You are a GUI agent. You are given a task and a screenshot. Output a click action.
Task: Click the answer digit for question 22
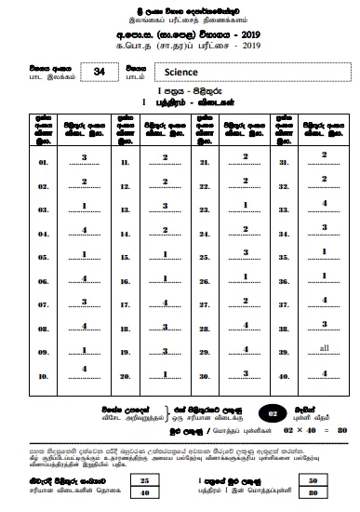tap(245, 181)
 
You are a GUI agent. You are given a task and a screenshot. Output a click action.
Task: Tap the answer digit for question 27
tap(245, 300)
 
